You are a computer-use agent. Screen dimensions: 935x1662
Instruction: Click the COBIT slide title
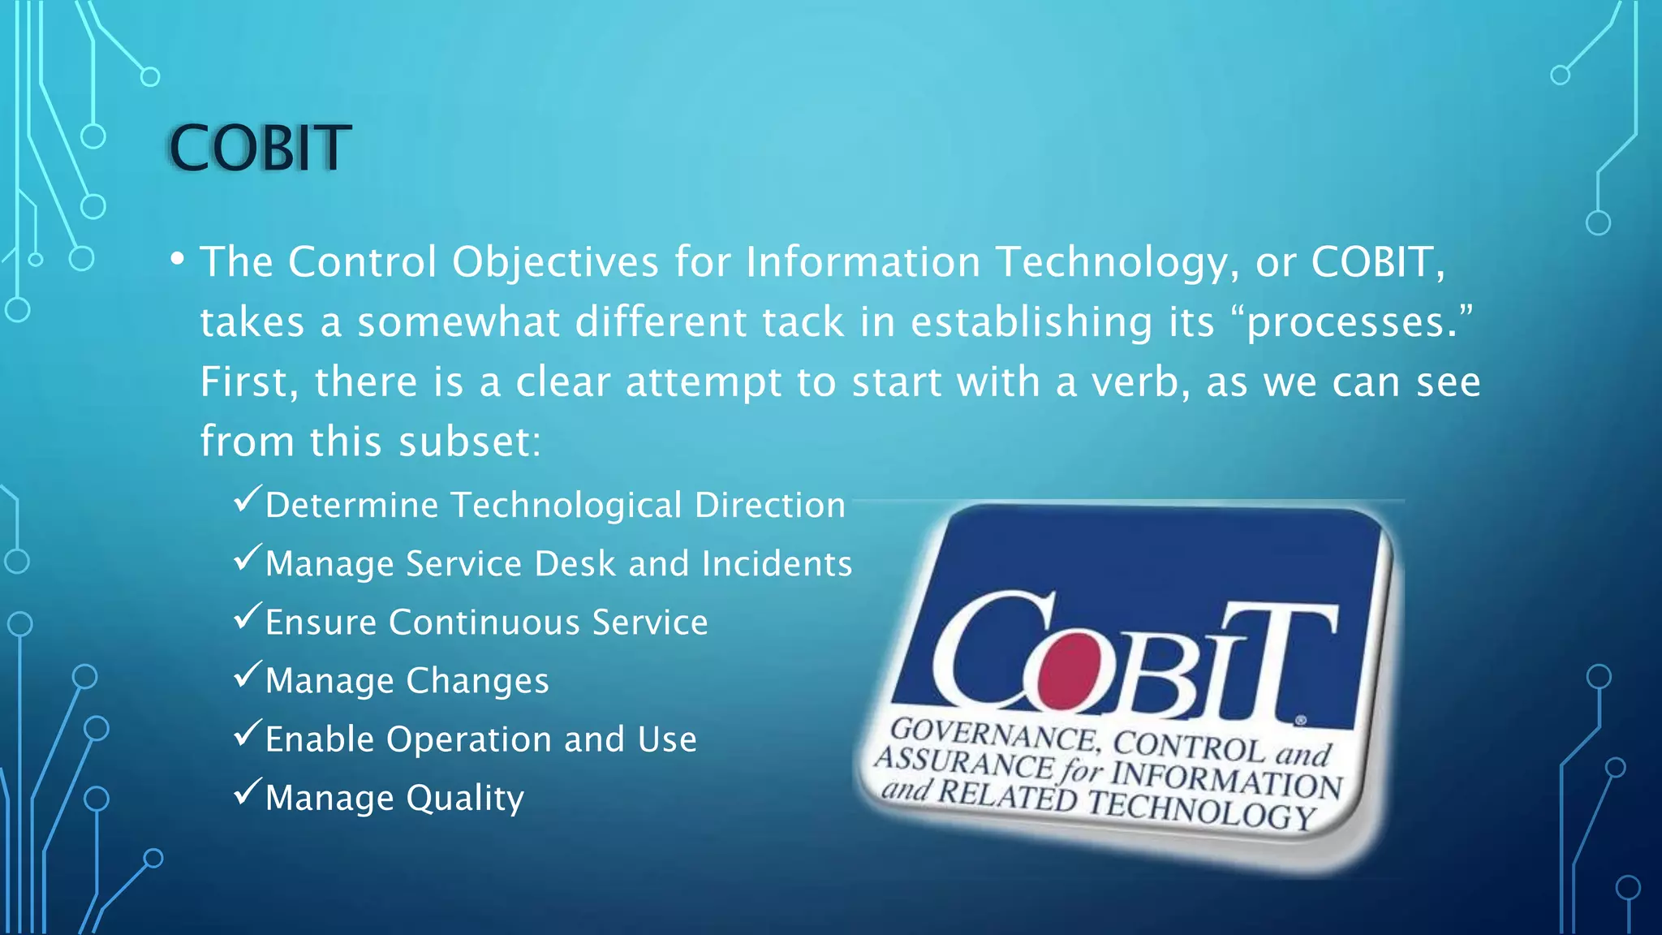pyautogui.click(x=260, y=149)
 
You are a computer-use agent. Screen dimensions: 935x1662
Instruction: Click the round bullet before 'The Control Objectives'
pyautogui.click(x=178, y=260)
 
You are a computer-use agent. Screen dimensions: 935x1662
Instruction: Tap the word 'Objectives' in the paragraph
pyautogui.click(x=555, y=263)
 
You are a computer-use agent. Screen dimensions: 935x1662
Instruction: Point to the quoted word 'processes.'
pyautogui.click(x=1352, y=322)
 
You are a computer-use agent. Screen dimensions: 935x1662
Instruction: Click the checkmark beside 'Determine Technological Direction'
pyautogui.click(x=247, y=498)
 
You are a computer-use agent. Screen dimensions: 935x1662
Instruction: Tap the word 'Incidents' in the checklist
pyautogui.click(x=777, y=564)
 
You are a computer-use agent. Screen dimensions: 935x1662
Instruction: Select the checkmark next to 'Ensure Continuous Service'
pyautogui.click(x=247, y=616)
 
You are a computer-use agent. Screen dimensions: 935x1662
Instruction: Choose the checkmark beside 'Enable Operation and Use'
pyautogui.click(x=247, y=733)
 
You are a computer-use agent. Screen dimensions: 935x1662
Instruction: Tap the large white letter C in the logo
pyautogui.click(x=990, y=649)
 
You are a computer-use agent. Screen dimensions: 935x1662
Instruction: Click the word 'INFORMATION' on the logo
pyautogui.click(x=1225, y=778)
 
